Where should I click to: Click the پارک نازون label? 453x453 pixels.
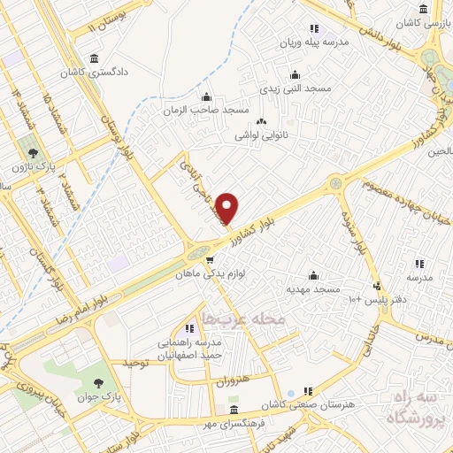click(x=33, y=166)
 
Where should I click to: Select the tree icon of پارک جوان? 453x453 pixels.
click(x=98, y=382)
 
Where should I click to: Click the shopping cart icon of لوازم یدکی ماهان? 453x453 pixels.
click(x=210, y=259)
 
